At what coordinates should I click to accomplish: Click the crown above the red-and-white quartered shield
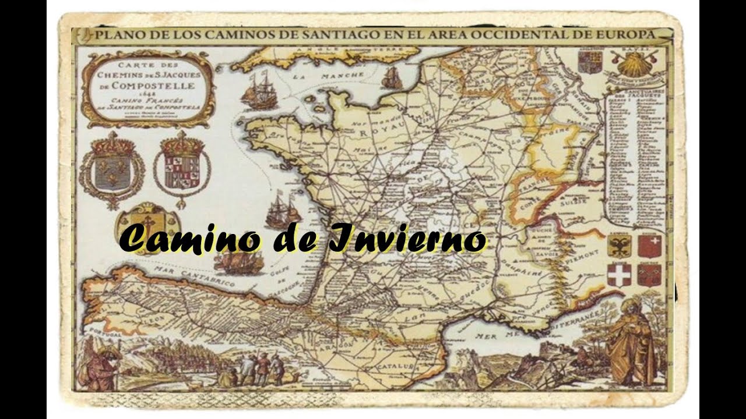[x=182, y=143]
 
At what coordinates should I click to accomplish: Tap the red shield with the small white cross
[x=649, y=246]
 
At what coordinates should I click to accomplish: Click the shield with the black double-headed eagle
[x=619, y=246]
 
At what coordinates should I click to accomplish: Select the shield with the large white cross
[x=619, y=274]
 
